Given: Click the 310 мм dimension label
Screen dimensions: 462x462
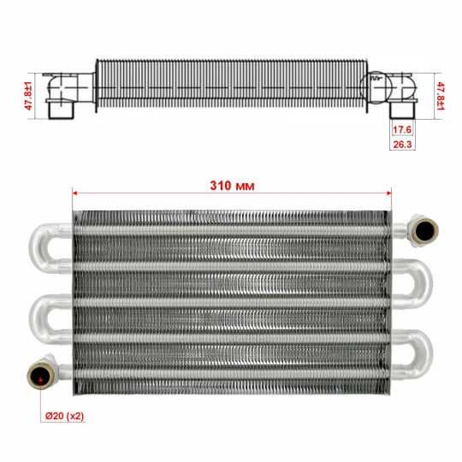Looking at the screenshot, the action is click(232, 186).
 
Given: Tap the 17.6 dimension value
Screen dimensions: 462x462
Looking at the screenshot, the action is click(402, 129).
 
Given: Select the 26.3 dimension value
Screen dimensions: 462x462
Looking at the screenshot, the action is click(402, 145).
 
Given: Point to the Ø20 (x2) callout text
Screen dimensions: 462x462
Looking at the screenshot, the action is click(64, 416).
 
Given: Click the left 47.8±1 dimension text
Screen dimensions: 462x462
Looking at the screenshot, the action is click(28, 96).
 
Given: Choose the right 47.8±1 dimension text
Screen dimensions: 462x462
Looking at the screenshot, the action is click(441, 96).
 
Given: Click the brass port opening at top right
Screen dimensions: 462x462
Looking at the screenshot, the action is click(424, 230).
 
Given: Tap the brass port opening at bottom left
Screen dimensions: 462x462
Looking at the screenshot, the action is click(40, 375).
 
